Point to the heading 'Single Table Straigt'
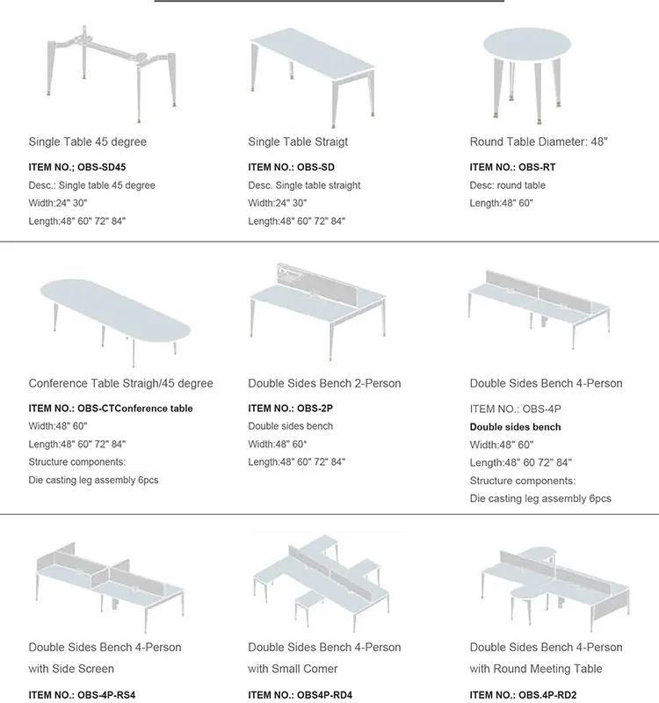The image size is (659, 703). click(x=298, y=141)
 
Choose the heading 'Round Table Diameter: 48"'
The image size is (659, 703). click(x=539, y=141)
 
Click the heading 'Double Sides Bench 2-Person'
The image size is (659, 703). click(x=324, y=383)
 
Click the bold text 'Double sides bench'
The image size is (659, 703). click(x=515, y=427)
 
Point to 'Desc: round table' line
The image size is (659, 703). click(x=507, y=185)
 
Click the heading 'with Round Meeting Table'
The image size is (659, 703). click(x=536, y=669)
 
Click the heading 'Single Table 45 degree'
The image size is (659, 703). click(x=88, y=141)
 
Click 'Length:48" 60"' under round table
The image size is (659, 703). click(x=501, y=203)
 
